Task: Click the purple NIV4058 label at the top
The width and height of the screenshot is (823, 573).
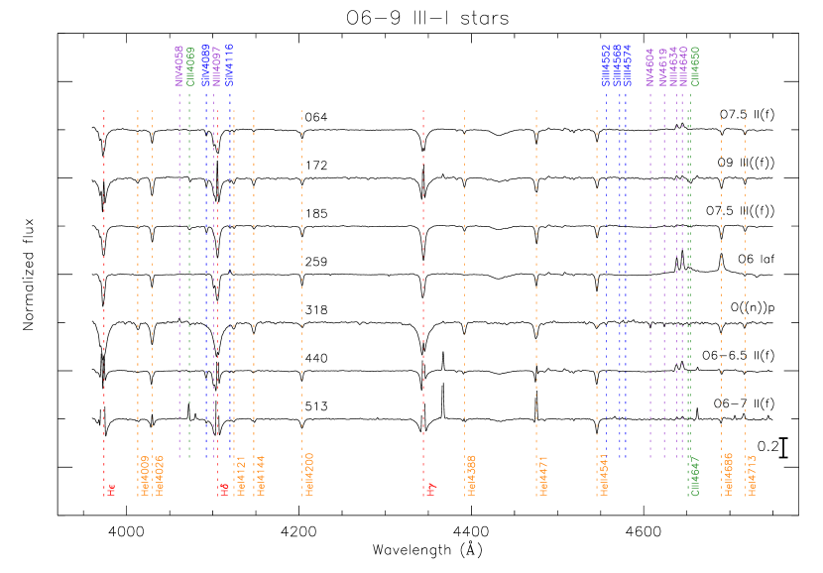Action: pyautogui.click(x=179, y=66)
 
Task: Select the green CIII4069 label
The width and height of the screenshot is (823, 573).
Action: pyautogui.click(x=191, y=66)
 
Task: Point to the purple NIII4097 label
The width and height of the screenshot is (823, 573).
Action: pyautogui.click(x=217, y=66)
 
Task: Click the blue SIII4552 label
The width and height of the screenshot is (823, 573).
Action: pyautogui.click(x=607, y=66)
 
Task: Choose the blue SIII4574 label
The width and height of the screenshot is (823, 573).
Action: pyautogui.click(x=629, y=66)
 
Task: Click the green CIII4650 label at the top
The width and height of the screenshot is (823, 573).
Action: pyautogui.click(x=695, y=66)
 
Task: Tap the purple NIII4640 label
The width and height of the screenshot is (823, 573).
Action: pyautogui.click(x=684, y=66)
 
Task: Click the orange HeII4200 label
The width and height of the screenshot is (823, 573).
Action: pyautogui.click(x=310, y=475)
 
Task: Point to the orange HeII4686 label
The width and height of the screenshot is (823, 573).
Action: pyautogui.click(x=729, y=475)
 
